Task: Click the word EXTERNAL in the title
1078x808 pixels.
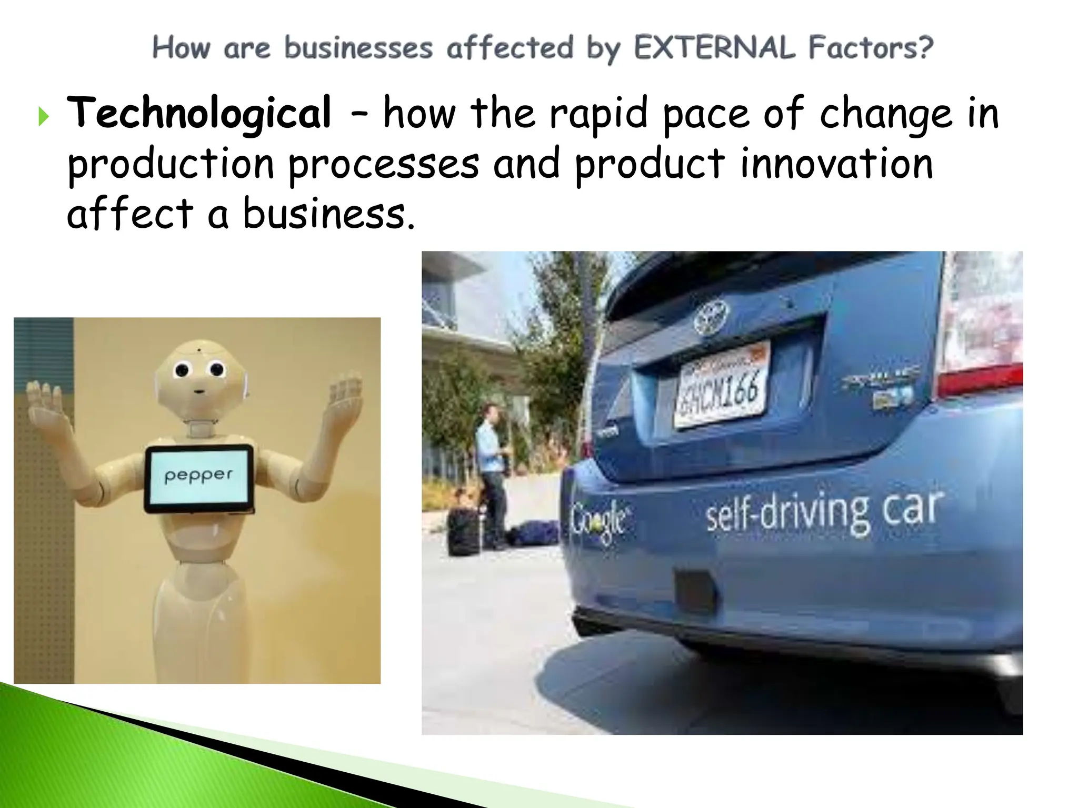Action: click(714, 47)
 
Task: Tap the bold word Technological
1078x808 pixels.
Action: click(199, 113)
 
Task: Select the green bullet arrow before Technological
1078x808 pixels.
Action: click(43, 117)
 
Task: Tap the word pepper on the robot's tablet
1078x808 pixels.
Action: click(198, 476)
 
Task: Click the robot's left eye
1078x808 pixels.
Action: click(181, 370)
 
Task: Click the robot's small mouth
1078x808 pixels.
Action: click(199, 391)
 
